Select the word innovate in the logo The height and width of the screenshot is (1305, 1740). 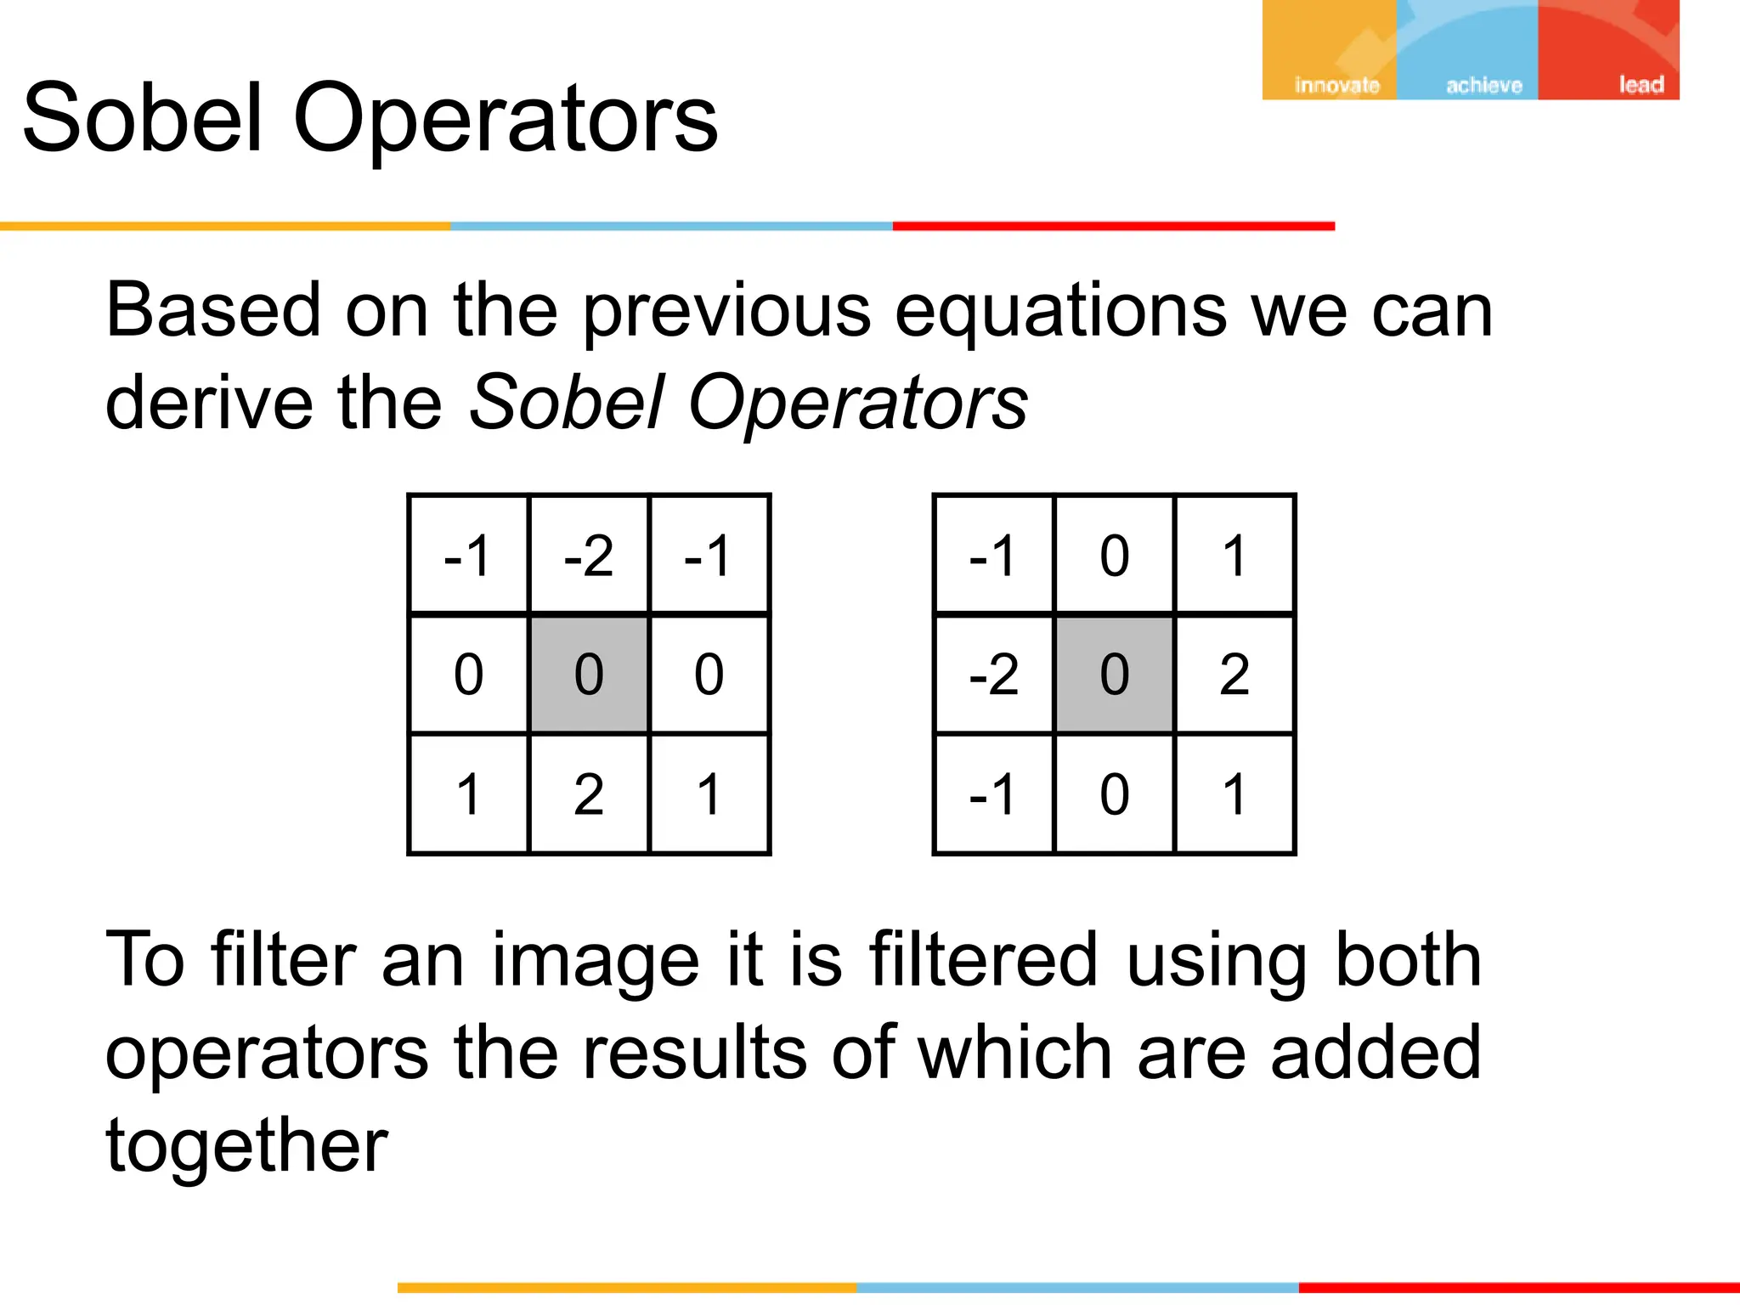click(x=1336, y=85)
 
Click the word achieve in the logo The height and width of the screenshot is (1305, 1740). click(x=1483, y=85)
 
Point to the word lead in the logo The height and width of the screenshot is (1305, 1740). click(x=1641, y=85)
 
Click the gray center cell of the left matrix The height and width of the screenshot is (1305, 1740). click(x=589, y=675)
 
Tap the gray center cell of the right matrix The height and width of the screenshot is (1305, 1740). click(x=1114, y=675)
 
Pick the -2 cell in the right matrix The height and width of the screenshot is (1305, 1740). click(x=994, y=675)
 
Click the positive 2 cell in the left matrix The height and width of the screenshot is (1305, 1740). click(x=589, y=794)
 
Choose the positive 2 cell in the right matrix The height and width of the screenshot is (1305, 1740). click(x=1234, y=675)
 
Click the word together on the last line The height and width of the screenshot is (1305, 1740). click(x=246, y=1146)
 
